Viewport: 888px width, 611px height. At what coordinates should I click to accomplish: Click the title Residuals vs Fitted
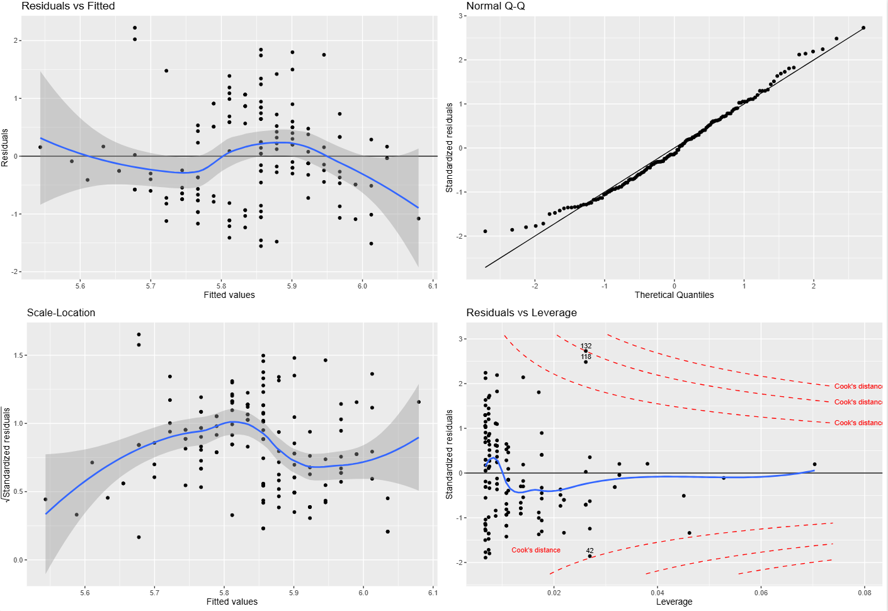click(x=68, y=6)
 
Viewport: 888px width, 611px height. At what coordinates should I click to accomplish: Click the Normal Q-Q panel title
click(x=496, y=6)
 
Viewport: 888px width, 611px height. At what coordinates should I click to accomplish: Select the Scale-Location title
click(x=61, y=313)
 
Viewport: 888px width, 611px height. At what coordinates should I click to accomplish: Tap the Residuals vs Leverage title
click(x=521, y=313)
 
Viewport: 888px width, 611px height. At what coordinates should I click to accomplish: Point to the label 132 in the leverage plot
click(x=586, y=346)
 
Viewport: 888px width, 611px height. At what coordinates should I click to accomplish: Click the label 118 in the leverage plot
click(x=586, y=357)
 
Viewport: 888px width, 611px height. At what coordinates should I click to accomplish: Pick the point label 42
click(x=590, y=551)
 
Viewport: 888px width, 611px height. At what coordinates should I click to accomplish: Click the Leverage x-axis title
click(x=674, y=602)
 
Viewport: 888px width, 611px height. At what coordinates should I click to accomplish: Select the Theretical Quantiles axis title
click(x=674, y=295)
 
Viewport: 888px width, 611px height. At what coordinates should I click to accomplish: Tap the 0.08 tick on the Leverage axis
click(x=865, y=593)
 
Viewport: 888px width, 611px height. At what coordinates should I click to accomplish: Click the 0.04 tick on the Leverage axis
click(x=657, y=593)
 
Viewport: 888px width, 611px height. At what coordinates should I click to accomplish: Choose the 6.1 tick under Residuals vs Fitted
click(x=433, y=286)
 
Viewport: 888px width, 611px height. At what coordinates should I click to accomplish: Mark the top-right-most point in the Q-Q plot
click(x=863, y=28)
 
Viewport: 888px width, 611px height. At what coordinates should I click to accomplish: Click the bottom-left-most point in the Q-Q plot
click(x=485, y=231)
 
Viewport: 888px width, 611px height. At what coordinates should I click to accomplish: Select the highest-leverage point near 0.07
click(x=814, y=464)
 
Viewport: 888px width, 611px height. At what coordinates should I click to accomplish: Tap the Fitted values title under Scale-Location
click(x=232, y=602)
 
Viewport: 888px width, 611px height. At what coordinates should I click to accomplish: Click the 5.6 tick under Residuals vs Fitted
click(x=80, y=286)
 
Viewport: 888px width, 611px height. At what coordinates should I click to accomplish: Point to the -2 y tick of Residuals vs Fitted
click(x=15, y=272)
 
